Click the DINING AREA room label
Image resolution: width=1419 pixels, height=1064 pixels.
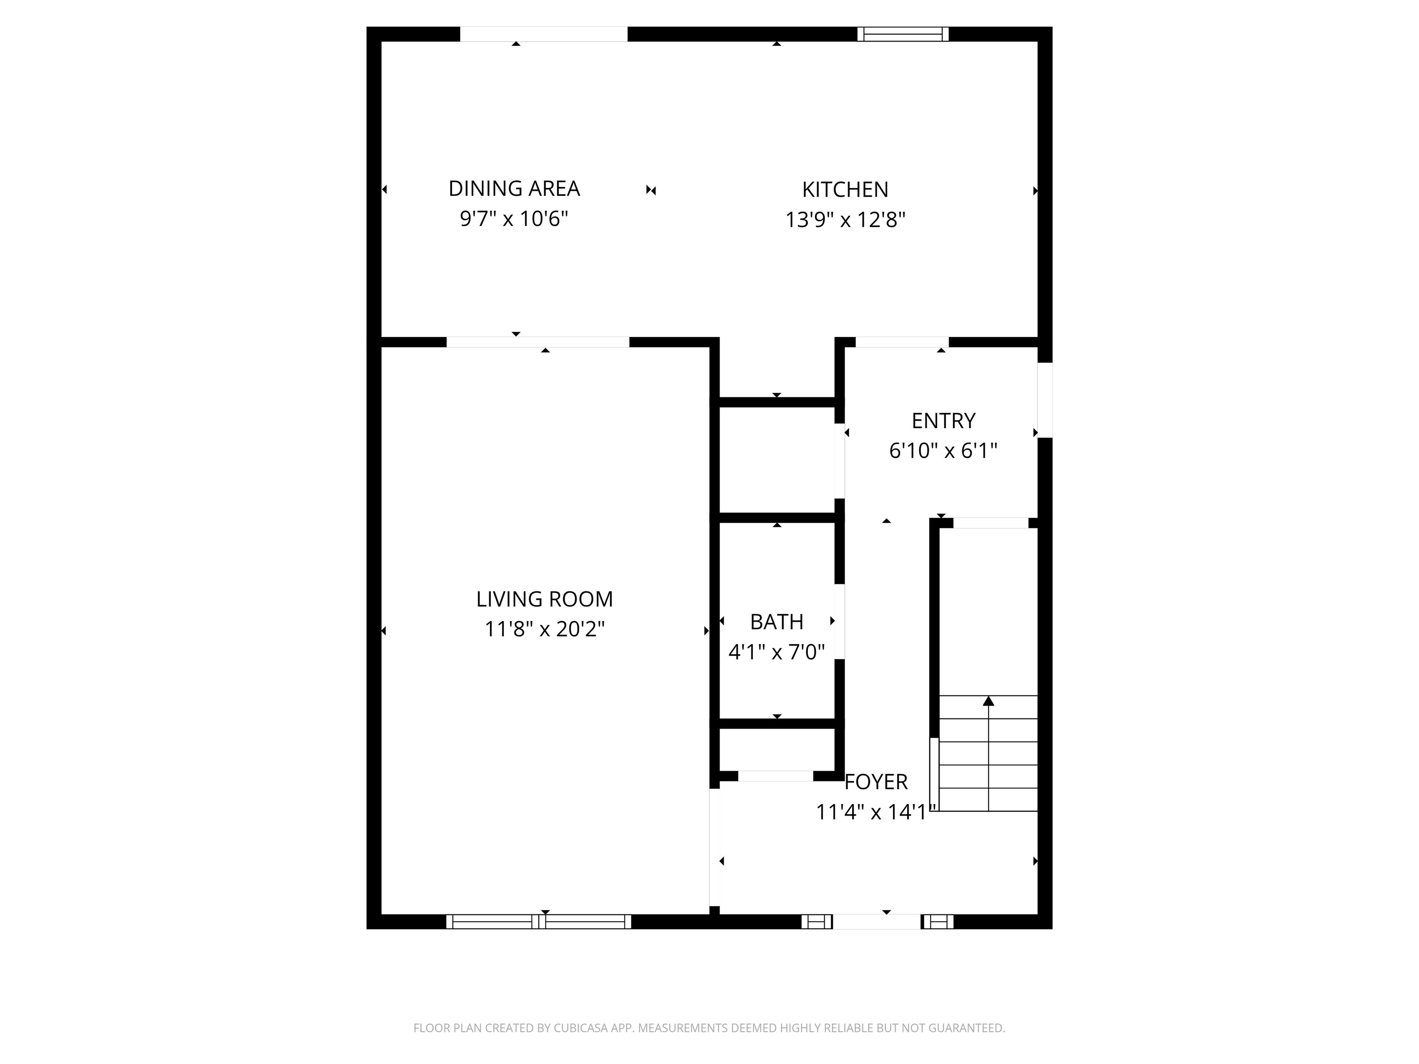pyautogui.click(x=514, y=188)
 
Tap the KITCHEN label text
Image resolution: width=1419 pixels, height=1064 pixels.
pyautogui.click(x=845, y=190)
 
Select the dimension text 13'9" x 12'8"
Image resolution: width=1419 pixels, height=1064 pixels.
pyautogui.click(x=845, y=220)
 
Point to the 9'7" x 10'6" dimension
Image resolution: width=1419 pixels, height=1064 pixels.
pyautogui.click(x=514, y=219)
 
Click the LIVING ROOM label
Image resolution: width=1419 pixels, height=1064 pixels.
pyautogui.click(x=544, y=599)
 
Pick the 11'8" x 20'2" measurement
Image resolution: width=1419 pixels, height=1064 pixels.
pyautogui.click(x=544, y=629)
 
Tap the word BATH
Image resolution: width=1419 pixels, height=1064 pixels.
pyautogui.click(x=776, y=622)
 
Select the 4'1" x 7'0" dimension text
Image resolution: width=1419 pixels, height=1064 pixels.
pyautogui.click(x=776, y=652)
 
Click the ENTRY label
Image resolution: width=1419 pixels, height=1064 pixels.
pyautogui.click(x=943, y=421)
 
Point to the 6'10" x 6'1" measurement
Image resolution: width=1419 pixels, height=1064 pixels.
pyautogui.click(x=943, y=451)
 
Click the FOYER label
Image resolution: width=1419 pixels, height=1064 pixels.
pyautogui.click(x=876, y=782)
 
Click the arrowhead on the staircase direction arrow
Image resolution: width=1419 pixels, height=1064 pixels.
pyautogui.click(x=988, y=701)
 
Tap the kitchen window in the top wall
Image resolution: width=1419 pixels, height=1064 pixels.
pyautogui.click(x=903, y=34)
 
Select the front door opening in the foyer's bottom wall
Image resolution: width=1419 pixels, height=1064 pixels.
pyautogui.click(x=877, y=922)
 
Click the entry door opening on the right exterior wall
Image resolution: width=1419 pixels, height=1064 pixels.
pyautogui.click(x=1045, y=400)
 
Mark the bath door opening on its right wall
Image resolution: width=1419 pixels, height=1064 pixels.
pyautogui.click(x=839, y=622)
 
